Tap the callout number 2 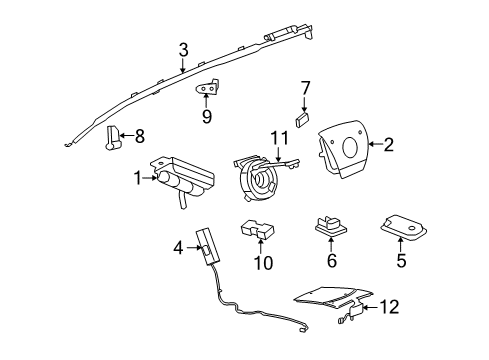point(388,145)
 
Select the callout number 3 point(183,49)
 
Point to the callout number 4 point(179,246)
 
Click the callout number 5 point(403,265)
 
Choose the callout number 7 point(306,88)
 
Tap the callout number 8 point(139,135)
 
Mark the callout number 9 point(206,115)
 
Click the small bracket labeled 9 point(206,90)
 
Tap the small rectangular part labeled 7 point(304,118)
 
